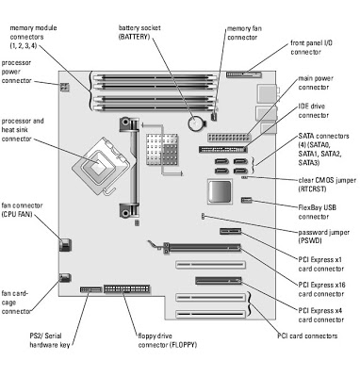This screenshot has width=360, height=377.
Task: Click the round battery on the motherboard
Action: pyautogui.click(x=196, y=123)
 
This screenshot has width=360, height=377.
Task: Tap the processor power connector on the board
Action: pyautogui.click(x=64, y=87)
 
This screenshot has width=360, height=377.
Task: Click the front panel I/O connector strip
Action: pyautogui.click(x=243, y=74)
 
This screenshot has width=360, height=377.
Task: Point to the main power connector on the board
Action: pyautogui.click(x=229, y=138)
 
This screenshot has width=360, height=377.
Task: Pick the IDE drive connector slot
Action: pyautogui.click(x=222, y=149)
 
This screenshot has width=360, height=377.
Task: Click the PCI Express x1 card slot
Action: pyautogui.click(x=230, y=232)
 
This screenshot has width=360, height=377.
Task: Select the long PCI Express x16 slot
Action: pyautogui.click(x=202, y=248)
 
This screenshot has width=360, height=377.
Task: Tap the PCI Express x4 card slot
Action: pyautogui.click(x=219, y=280)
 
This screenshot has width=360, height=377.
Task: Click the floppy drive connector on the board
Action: pyautogui.click(x=127, y=288)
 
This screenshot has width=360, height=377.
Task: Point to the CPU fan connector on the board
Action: pyautogui.click(x=65, y=245)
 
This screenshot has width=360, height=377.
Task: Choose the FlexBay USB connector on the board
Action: pyautogui.click(x=247, y=200)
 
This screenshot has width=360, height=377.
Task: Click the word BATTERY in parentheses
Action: pyautogui.click(x=134, y=37)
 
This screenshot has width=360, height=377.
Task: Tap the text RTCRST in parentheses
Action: pyautogui.click(x=312, y=189)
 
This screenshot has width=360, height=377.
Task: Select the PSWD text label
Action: pyautogui.click(x=310, y=241)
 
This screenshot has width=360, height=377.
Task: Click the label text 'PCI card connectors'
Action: pyautogui.click(x=307, y=336)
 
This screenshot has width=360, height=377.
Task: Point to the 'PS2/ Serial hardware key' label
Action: pyautogui.click(x=50, y=340)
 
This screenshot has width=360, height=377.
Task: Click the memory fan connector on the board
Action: pyautogui.click(x=215, y=117)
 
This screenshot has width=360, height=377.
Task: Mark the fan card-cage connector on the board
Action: pyautogui.click(x=65, y=278)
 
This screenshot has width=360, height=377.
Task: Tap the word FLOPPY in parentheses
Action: pyautogui.click(x=183, y=345)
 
